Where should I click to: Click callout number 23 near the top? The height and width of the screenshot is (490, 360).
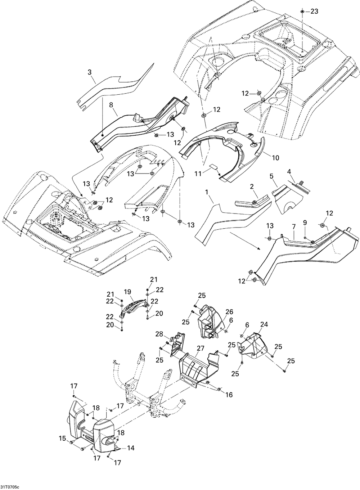click(314, 12)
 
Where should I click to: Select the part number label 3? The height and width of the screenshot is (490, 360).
click(90, 72)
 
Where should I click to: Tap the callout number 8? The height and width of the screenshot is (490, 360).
click(111, 105)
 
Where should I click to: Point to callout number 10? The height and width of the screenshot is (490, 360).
click(276, 158)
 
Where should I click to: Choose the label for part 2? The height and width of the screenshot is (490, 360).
click(252, 186)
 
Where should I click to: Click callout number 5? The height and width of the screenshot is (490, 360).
click(271, 176)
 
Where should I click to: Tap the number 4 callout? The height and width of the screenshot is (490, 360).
click(289, 172)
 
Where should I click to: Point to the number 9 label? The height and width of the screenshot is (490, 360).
click(305, 223)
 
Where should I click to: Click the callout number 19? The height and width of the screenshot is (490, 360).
click(127, 292)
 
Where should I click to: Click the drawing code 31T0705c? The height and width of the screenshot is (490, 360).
click(10, 487)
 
